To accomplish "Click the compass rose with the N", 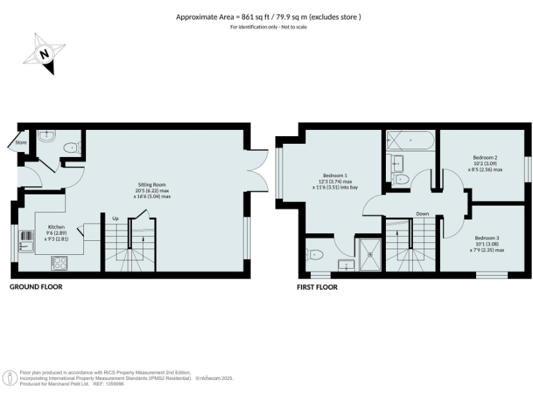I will (44, 54).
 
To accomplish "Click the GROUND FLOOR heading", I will (35, 286).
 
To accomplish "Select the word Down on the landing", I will (423, 213).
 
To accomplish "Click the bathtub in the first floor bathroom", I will (409, 141).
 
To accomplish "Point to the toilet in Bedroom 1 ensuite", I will (314, 255).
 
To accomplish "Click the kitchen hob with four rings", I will (58, 262).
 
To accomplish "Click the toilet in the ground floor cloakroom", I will (72, 148).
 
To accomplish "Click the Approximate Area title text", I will (269, 17).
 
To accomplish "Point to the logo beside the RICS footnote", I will (10, 378).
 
